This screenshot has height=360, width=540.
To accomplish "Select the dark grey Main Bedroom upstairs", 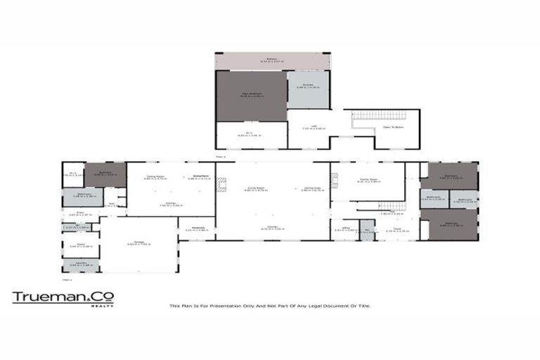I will tap(252, 96).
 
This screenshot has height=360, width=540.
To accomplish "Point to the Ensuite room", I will tap(308, 88).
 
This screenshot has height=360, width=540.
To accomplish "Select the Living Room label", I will tap(250, 188).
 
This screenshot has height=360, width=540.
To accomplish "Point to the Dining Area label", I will tap(312, 188).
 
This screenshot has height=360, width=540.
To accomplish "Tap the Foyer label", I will tap(397, 229).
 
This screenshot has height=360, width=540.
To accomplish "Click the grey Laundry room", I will tap(81, 264).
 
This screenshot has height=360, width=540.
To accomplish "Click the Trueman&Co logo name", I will tap(63, 297).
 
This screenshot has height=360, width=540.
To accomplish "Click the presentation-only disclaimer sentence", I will tap(270, 306).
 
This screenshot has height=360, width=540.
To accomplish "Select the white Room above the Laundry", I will tap(81, 246).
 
